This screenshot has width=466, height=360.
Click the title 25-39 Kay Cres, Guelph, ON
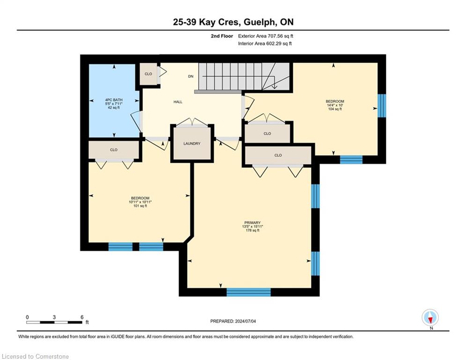click(x=233, y=22)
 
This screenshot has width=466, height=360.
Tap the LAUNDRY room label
click(x=192, y=143)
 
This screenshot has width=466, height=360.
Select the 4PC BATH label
click(x=114, y=100)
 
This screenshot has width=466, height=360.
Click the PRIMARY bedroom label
click(x=252, y=223)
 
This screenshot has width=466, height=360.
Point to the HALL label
click(x=178, y=102)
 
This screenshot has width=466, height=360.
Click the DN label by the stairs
click(x=191, y=76)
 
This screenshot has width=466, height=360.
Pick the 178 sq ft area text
click(x=252, y=230)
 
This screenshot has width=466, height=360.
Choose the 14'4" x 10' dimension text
click(x=335, y=105)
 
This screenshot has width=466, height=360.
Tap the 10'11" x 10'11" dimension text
click(x=141, y=202)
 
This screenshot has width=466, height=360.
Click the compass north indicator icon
click(x=430, y=318)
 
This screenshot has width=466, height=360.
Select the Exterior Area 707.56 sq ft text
click(x=266, y=36)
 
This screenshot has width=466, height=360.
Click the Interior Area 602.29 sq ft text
click(x=265, y=44)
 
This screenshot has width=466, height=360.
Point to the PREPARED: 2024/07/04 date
click(x=233, y=321)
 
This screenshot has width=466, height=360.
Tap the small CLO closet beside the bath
click(x=148, y=74)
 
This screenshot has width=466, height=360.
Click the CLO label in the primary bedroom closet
click(x=278, y=155)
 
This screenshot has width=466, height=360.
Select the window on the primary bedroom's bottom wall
click(x=249, y=292)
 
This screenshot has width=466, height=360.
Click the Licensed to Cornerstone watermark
click(x=36, y=356)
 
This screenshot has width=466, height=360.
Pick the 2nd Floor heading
click(x=222, y=36)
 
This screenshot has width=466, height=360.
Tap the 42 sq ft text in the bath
click(x=114, y=108)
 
